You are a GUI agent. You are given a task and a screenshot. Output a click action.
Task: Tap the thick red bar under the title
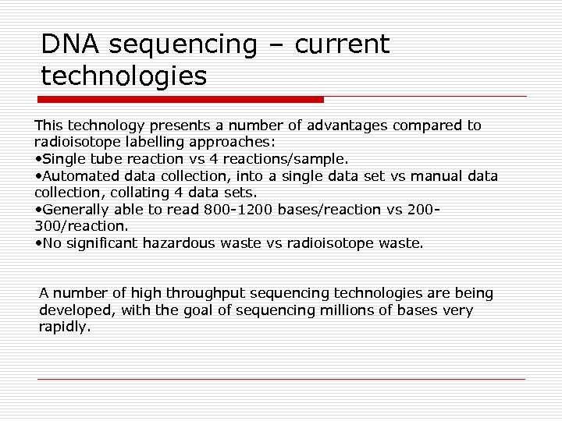tap(181, 100)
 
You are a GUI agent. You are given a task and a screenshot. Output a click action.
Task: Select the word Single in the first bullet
tap(63, 159)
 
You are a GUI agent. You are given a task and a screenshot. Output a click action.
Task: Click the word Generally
tap(76, 210)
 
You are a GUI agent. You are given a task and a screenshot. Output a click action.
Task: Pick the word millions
tap(322, 310)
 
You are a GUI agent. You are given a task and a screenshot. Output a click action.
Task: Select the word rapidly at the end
tap(63, 327)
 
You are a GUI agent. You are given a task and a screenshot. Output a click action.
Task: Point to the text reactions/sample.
tap(287, 159)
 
